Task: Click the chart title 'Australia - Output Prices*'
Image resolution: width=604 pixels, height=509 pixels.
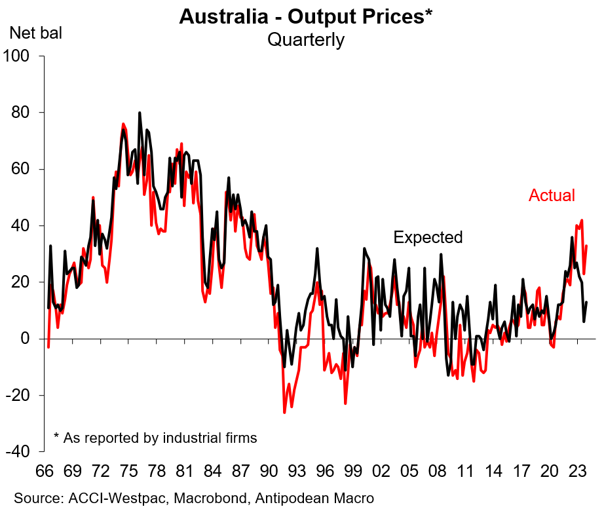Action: (x=305, y=17)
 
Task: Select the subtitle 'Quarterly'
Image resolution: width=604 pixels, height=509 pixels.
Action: (x=305, y=39)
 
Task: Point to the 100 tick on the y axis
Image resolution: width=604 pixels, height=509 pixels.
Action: (x=21, y=56)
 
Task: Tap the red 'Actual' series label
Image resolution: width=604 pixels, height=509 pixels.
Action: (x=552, y=195)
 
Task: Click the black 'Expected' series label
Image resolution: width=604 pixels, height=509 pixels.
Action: (x=428, y=237)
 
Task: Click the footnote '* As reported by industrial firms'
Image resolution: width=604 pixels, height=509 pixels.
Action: (x=155, y=437)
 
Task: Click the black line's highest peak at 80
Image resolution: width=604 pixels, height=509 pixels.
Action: (x=140, y=113)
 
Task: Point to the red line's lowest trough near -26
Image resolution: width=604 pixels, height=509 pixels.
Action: (x=284, y=412)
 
